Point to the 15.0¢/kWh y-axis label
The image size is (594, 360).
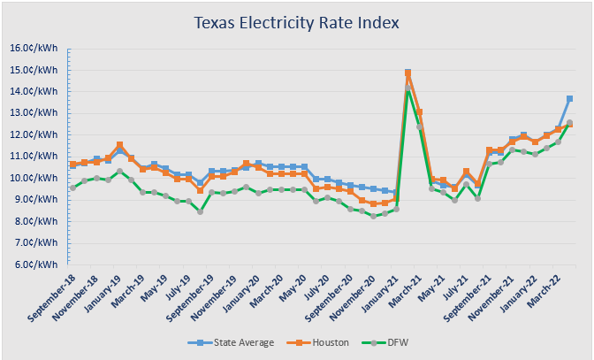pos(33,70)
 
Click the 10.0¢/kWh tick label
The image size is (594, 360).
pos(33,178)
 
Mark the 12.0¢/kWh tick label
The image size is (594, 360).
pos(33,134)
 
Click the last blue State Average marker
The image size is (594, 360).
pos(569,98)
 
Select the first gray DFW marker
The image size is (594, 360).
pos(73,188)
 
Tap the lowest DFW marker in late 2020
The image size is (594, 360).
pos(373,216)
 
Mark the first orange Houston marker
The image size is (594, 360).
pos(73,165)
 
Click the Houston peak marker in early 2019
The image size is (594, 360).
pos(119,145)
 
